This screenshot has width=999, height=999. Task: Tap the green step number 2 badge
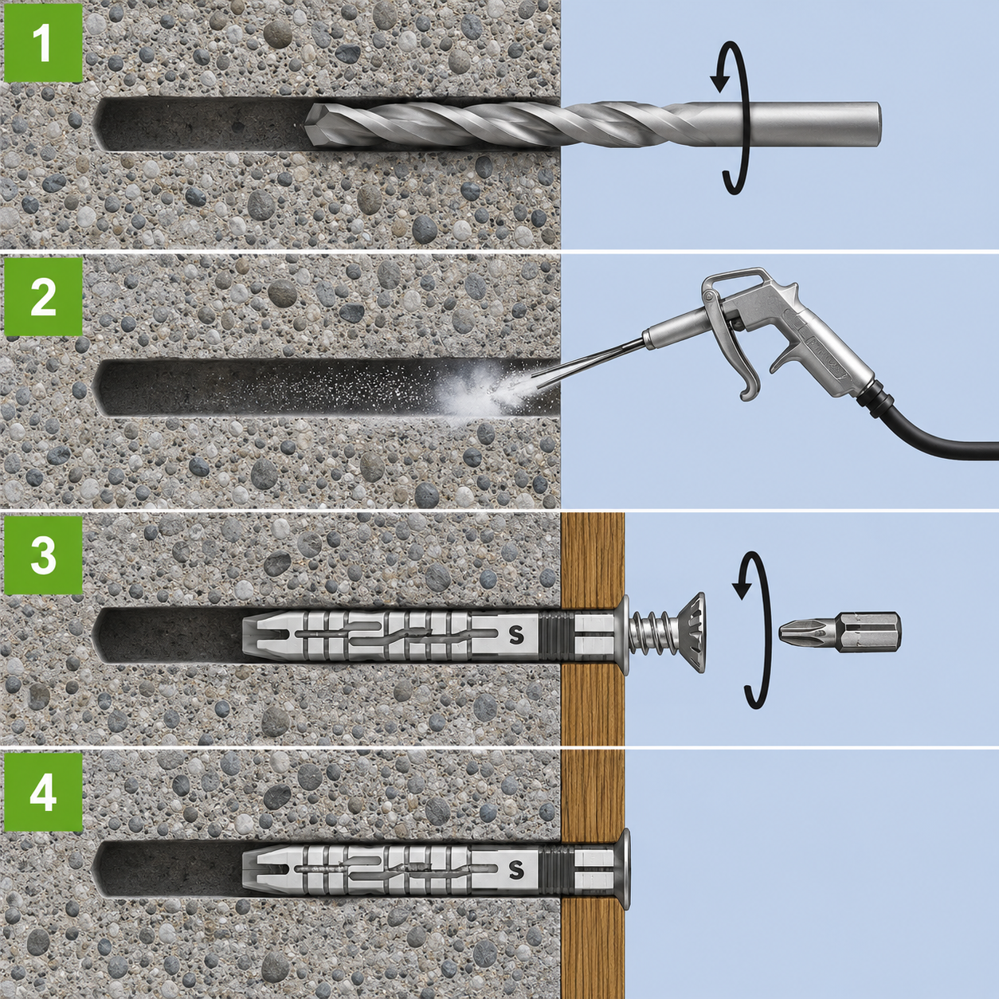(x=43, y=296)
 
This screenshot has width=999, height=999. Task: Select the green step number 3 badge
(x=43, y=554)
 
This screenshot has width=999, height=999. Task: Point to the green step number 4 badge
(x=43, y=792)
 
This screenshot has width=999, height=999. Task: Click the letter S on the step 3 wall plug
(x=516, y=635)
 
